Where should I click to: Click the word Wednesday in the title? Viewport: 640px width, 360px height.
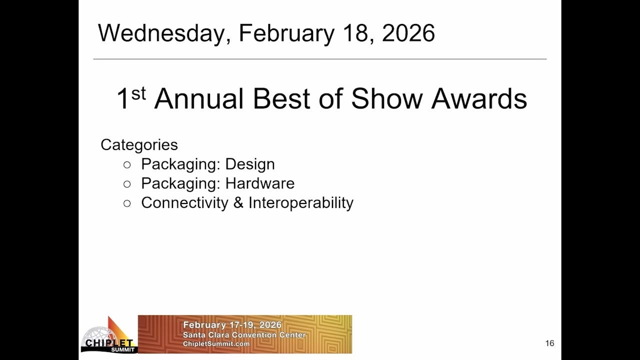(x=164, y=33)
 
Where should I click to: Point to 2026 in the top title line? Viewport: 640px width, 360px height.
(x=408, y=33)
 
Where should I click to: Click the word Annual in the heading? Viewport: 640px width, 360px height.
(x=200, y=98)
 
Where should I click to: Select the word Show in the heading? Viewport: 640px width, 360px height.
(x=386, y=98)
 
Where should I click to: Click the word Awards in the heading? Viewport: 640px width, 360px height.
(x=479, y=98)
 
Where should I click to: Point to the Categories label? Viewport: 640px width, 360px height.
(x=139, y=144)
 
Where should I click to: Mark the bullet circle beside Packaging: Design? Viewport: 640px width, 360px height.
(x=127, y=164)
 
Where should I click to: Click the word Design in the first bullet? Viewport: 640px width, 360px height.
(x=249, y=164)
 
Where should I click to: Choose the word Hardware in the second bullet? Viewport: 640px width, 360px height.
(x=259, y=183)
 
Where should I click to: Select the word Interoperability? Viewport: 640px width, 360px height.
(x=300, y=202)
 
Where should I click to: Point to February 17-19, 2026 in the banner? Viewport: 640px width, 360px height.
(x=232, y=325)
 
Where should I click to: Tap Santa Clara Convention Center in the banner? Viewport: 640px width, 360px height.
(x=244, y=335)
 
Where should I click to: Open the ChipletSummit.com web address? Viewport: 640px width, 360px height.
(x=216, y=344)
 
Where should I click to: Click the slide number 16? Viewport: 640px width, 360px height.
(x=549, y=343)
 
